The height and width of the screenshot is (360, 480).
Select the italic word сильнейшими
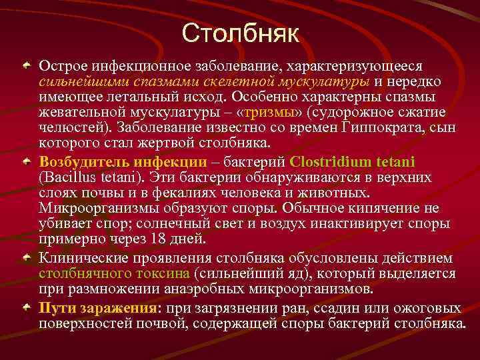pyautogui.click(x=74, y=82)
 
